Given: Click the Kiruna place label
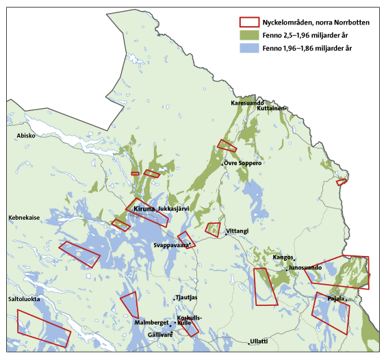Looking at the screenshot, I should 144,207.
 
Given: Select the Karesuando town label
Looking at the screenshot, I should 247,103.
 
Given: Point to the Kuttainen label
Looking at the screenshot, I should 270,109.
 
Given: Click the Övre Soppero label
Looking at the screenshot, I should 243,163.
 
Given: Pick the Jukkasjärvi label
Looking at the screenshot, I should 174,208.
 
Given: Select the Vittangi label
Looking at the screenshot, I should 237,231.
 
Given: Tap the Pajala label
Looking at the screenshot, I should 335,299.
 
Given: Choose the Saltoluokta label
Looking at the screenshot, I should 23,299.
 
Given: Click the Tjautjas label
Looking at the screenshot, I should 186,298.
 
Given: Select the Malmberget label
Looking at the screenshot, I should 151,322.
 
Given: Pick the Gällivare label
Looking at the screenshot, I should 160,335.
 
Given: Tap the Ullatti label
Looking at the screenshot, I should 259,341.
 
